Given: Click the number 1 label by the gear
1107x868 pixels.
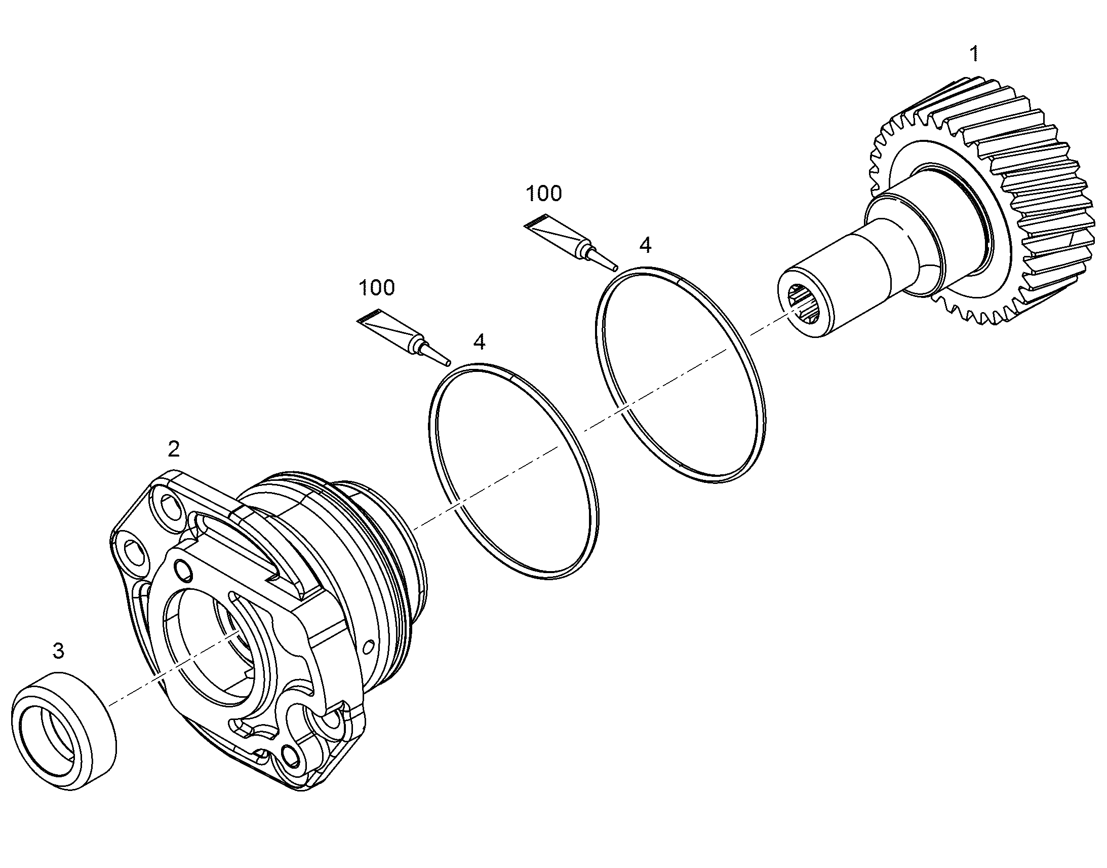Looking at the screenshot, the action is coord(974,54).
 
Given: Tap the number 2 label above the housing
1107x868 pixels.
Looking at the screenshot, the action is coord(174,449).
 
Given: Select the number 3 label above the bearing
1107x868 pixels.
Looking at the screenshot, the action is coord(58,651).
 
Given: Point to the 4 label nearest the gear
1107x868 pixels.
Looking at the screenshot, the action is coord(645,245).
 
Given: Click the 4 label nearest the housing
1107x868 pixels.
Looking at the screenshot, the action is coord(479,342).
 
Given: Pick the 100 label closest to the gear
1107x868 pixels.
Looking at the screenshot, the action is coord(544,193).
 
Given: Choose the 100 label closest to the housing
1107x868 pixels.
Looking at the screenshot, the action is coord(376,288).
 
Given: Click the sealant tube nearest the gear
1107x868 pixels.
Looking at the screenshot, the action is coord(571,241).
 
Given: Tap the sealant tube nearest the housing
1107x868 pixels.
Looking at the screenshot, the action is coord(404,337).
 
